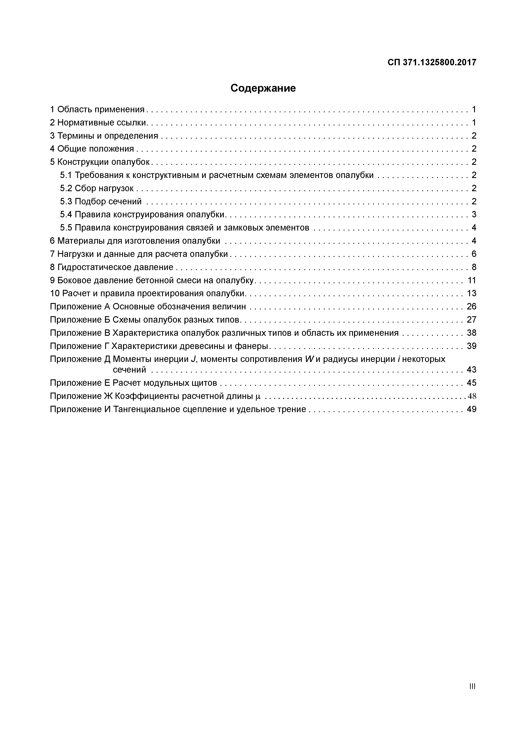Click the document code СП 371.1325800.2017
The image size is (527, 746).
click(432, 62)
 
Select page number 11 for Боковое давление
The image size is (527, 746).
click(472, 280)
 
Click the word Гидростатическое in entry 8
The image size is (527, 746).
click(93, 267)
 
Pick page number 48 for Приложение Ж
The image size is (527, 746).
click(472, 396)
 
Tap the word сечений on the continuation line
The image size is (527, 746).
click(129, 370)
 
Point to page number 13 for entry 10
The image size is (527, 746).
click(472, 293)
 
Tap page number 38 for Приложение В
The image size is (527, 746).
click(472, 333)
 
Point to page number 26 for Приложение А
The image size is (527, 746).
click(472, 306)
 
